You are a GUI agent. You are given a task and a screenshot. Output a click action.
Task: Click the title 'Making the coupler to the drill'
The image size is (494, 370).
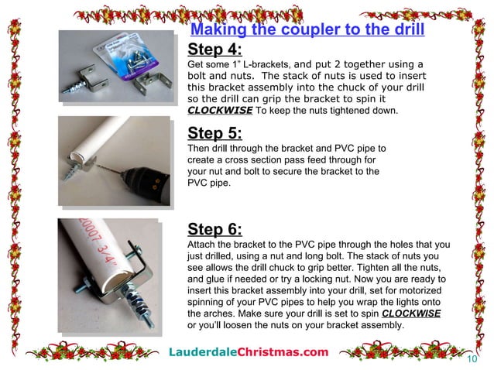click(x=307, y=29)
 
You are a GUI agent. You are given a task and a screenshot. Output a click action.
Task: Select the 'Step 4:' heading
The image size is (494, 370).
click(x=214, y=50)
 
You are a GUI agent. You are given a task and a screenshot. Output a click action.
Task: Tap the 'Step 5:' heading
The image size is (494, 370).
click(x=214, y=133)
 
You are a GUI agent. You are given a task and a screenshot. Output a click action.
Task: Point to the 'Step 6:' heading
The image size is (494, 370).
click(x=214, y=229)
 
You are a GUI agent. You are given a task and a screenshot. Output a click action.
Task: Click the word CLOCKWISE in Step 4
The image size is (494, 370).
click(x=220, y=111)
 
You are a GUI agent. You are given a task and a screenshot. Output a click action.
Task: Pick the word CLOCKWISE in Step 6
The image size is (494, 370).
click(x=411, y=313)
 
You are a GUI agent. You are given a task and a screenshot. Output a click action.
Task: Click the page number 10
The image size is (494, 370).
click(x=472, y=359)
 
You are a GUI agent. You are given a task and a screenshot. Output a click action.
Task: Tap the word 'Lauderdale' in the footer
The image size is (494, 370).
click(x=203, y=352)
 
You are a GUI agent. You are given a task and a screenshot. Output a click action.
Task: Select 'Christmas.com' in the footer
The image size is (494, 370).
click(x=283, y=352)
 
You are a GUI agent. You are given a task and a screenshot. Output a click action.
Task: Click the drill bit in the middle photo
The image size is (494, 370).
click(x=110, y=168)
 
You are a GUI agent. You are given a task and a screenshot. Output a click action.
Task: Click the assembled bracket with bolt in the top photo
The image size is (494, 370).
click(x=86, y=81)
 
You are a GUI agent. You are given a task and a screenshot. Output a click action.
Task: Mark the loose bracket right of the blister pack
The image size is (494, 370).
click(x=153, y=83)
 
